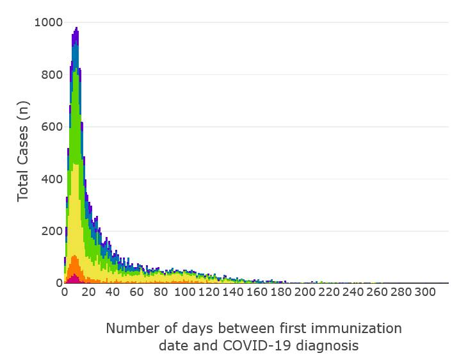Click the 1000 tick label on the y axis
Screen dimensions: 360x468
47,22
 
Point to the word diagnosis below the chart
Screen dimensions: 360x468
327,345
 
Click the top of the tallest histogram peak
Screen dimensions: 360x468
76,28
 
